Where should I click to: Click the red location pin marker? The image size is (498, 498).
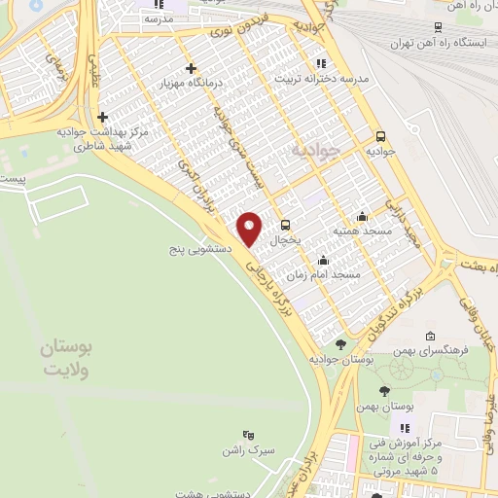250,228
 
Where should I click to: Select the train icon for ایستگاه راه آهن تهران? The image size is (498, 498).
439,27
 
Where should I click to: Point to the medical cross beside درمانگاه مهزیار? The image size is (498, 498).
191,69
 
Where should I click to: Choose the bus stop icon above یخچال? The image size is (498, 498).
283,222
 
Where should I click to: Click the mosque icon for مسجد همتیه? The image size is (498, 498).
363,216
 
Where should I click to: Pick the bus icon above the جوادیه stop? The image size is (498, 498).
379,137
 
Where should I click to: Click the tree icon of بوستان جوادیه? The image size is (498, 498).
339,343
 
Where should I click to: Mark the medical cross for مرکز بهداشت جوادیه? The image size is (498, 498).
102,117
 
